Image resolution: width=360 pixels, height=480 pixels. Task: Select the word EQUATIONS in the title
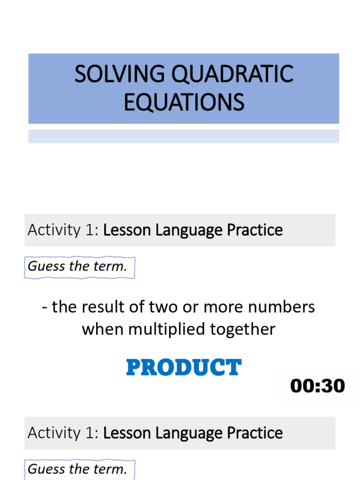pyautogui.click(x=184, y=102)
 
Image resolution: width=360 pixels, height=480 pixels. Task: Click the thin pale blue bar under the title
pyautogui.click(x=184, y=136)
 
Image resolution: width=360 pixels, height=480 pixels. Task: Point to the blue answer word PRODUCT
pyautogui.click(x=184, y=368)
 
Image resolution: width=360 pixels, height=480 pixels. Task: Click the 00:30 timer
pyautogui.click(x=317, y=386)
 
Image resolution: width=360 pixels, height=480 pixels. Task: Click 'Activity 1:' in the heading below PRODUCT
pyautogui.click(x=63, y=433)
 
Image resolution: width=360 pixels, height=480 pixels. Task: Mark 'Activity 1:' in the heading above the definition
pyautogui.click(x=63, y=230)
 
